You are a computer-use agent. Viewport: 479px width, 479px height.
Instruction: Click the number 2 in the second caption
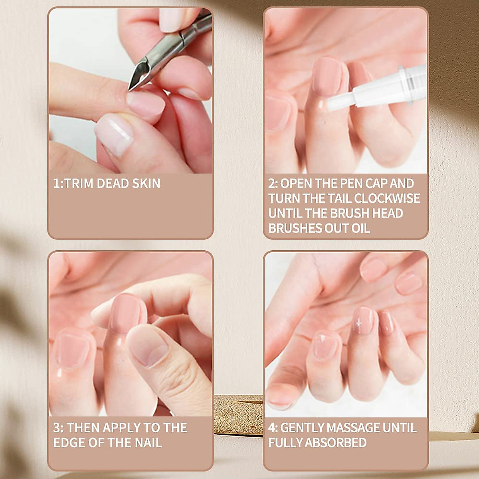(272, 184)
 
